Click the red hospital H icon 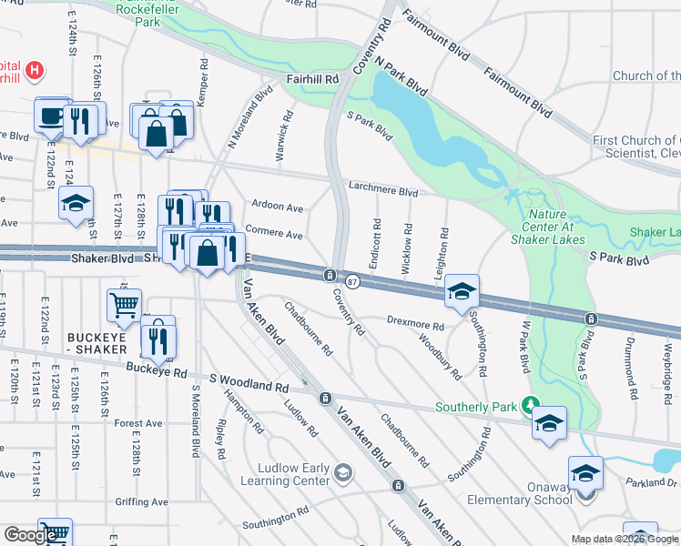tap(34, 68)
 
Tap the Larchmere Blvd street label tap(382, 192)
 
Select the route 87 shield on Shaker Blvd tap(352, 282)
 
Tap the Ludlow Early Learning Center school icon tap(343, 470)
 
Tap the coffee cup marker tap(49, 116)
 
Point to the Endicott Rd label tap(374, 244)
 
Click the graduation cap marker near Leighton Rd tap(462, 291)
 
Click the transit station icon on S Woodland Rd tap(324, 398)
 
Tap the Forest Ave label tap(138, 423)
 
